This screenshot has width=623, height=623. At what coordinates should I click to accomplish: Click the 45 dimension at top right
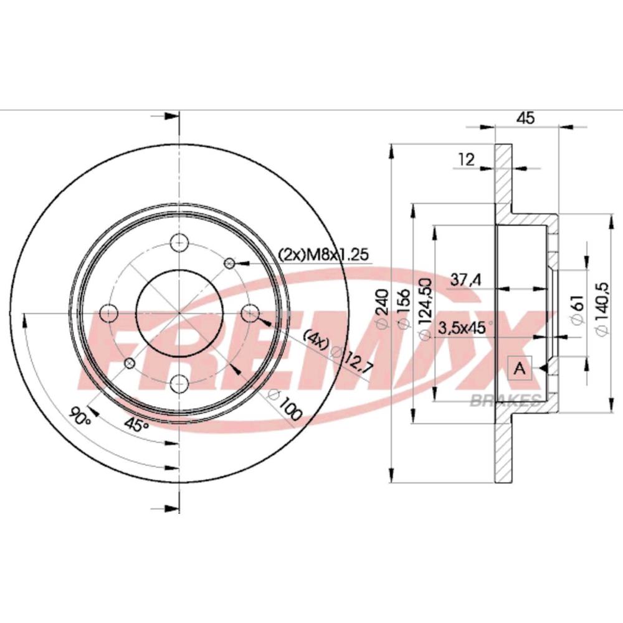[x=526, y=118]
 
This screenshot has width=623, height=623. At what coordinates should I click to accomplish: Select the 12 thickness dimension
[x=467, y=159]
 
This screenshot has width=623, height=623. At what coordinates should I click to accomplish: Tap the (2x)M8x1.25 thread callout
[x=324, y=254]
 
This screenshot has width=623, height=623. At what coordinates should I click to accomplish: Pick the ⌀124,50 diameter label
[x=425, y=309]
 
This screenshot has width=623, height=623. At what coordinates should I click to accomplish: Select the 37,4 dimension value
[x=465, y=280]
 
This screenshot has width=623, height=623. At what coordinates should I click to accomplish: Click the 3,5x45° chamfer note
[x=465, y=328]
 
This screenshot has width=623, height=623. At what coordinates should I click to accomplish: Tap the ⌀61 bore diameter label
[x=578, y=310]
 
